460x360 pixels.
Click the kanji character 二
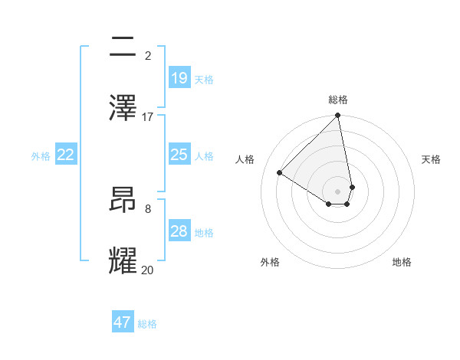[123, 48]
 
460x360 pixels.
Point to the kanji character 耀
[123, 260]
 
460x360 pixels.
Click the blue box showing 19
[179, 78]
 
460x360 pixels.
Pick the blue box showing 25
[179, 155]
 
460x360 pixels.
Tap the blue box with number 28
[179, 231]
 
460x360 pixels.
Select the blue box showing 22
[66, 155]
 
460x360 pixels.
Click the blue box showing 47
[123, 322]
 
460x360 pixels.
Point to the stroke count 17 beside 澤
[148, 117]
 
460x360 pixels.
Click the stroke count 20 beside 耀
[148, 270]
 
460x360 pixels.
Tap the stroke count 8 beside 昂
[148, 208]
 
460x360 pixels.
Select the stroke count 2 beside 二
[148, 55]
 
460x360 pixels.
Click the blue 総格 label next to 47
[147, 324]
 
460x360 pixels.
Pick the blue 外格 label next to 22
[41, 156]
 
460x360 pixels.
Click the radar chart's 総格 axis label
[337, 100]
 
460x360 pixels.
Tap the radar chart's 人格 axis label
[245, 159]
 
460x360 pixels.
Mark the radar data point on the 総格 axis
[337, 116]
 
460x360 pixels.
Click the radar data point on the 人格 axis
[280, 173]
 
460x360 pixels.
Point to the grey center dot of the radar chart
[337, 191]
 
